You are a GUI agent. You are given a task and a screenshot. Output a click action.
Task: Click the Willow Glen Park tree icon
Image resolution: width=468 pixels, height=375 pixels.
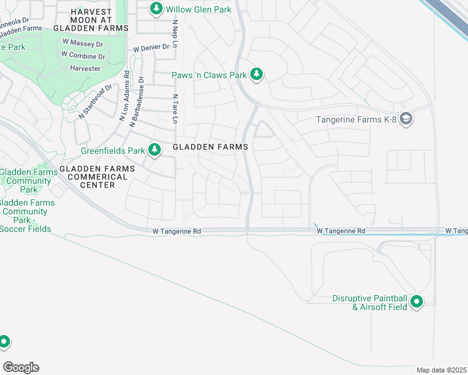click(156, 9)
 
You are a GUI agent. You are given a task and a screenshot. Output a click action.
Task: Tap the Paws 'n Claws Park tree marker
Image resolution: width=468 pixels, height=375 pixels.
click(256, 74)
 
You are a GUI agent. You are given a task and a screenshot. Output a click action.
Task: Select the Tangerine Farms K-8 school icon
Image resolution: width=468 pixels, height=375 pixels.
click(406, 119)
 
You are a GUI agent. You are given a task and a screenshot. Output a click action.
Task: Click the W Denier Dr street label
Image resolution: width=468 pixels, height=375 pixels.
click(151, 47)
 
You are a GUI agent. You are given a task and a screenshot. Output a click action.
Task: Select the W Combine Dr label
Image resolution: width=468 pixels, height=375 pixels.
click(83, 56)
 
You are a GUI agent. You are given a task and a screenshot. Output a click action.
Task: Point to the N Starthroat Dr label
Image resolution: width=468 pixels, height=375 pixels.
click(95, 102)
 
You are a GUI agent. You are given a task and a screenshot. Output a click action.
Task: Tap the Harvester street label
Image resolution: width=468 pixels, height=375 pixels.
click(85, 68)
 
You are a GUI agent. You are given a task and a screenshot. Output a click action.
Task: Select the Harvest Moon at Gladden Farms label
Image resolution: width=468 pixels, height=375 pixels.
click(91, 20)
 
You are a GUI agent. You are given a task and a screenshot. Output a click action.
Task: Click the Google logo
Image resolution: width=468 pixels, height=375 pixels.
click(21, 367)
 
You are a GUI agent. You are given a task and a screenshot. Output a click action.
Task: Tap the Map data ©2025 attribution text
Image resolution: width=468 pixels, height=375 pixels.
click(442, 370)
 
